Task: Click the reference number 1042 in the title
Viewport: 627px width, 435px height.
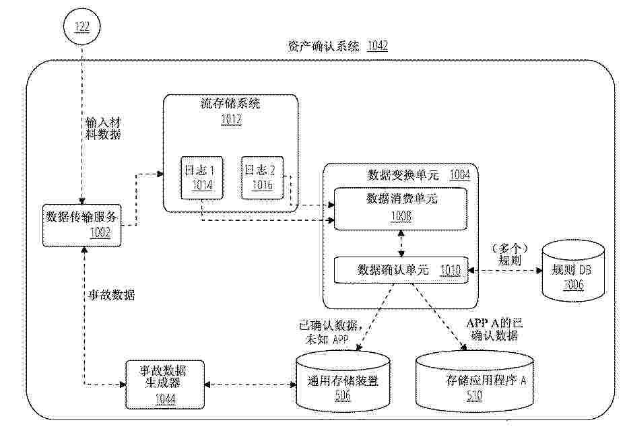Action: click(377, 46)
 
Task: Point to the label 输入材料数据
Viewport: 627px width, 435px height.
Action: click(103, 129)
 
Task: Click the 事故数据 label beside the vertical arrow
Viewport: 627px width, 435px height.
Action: click(111, 295)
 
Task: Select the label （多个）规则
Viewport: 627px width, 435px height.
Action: click(509, 255)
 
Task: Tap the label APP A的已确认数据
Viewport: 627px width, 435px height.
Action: click(494, 329)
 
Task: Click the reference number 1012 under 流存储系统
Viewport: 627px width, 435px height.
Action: click(231, 120)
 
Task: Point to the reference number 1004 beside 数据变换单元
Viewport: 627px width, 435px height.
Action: click(460, 174)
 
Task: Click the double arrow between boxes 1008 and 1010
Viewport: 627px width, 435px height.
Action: click(401, 244)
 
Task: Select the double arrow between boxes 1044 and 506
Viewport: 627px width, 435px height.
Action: click(251, 384)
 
